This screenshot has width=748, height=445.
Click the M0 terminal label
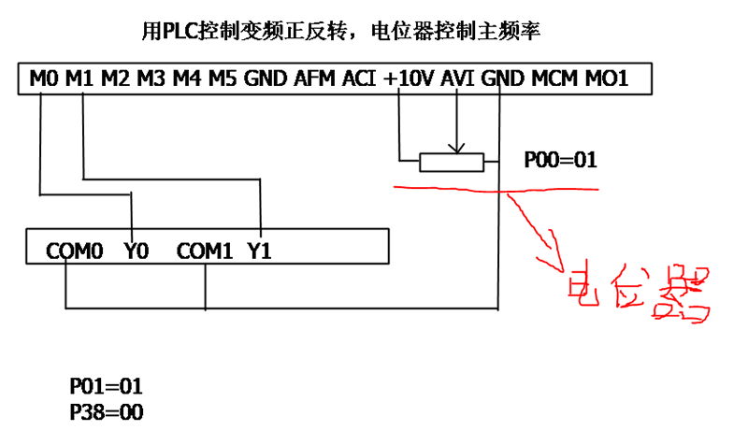pos(44,79)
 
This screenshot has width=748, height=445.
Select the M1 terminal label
pos(79,79)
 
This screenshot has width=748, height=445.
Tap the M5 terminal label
pos(223,79)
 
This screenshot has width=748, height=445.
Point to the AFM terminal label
pos(314,79)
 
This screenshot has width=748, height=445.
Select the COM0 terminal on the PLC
pos(73,251)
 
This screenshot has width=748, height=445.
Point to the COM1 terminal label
pos(204,251)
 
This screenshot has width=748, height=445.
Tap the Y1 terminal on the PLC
pos(259,251)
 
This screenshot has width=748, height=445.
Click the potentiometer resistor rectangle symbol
pos(452,163)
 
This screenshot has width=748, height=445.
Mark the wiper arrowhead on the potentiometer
pos(456,148)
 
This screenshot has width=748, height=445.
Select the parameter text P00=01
pos(559,161)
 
